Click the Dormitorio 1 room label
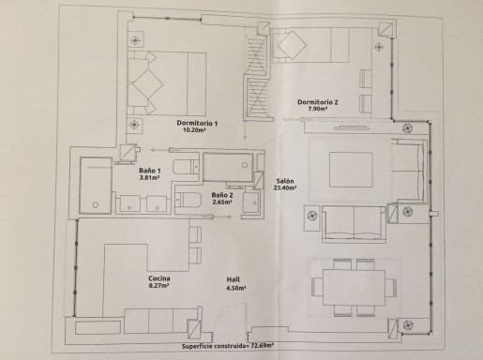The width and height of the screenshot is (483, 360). (x=197, y=124)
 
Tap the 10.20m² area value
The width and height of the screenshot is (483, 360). (x=198, y=132)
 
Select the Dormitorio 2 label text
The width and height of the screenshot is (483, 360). (x=318, y=101)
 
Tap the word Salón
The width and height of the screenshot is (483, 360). (x=286, y=180)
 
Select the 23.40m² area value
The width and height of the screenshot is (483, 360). (x=285, y=188)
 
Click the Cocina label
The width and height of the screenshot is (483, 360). (x=158, y=278)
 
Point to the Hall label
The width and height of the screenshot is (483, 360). (x=235, y=279)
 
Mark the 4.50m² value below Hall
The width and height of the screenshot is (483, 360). (x=235, y=288)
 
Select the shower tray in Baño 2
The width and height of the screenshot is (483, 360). (x=228, y=166)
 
